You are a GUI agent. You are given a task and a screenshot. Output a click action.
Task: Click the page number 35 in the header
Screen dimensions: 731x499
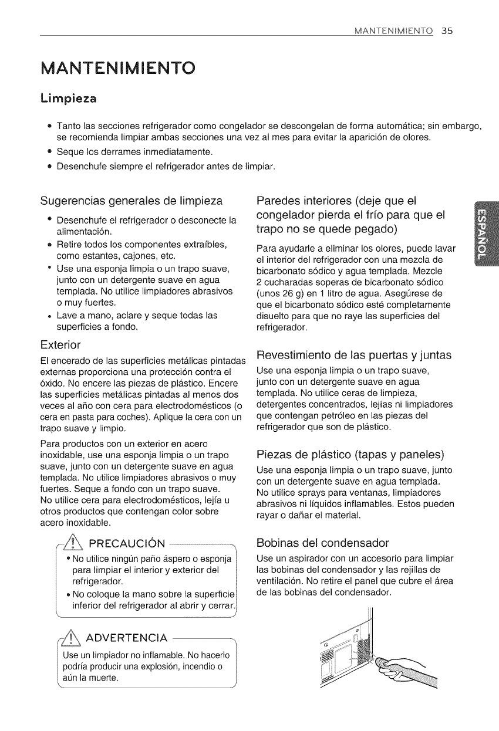tap(447, 31)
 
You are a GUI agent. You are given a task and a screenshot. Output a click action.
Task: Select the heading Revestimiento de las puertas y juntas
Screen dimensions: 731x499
tap(353, 355)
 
